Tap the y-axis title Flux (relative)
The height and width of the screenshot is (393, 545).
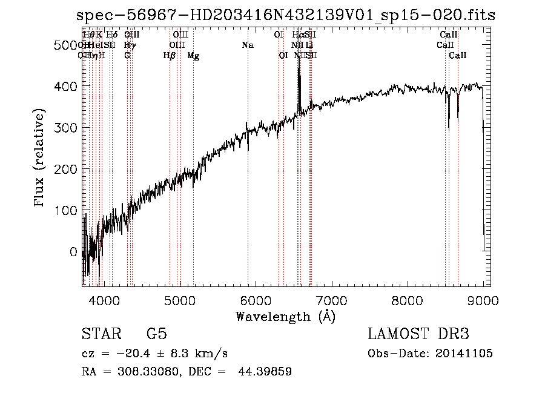tap(41, 159)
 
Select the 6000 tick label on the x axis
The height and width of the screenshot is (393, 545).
tap(256, 299)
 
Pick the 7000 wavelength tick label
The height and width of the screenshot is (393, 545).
tap(331, 299)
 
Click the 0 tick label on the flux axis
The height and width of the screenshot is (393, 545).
tap(74, 252)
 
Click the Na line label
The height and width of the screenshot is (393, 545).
tap(247, 45)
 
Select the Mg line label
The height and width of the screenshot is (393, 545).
tap(193, 56)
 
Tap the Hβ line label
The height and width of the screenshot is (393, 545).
tap(170, 56)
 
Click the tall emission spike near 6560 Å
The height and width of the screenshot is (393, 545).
tap(299, 73)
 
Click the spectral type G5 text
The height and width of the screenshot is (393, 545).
tap(156, 334)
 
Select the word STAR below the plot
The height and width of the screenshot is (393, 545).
tap(101, 334)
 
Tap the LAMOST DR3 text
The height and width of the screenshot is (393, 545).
tap(418, 334)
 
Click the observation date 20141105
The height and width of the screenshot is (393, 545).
tap(463, 354)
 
